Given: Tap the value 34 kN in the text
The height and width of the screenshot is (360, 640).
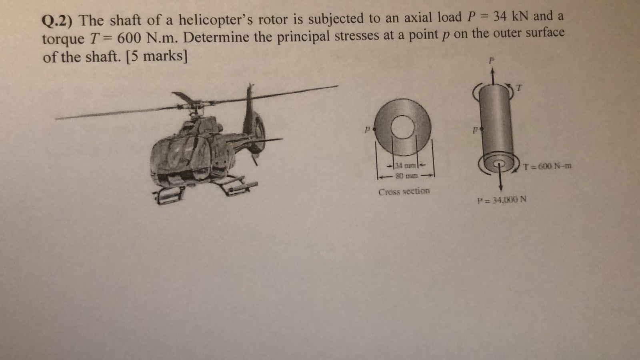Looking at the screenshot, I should [511, 17].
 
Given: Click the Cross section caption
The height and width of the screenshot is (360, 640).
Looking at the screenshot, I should [404, 191].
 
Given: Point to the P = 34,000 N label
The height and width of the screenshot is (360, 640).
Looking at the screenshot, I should [502, 199].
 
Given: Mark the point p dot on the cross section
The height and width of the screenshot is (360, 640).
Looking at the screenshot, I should [373, 129].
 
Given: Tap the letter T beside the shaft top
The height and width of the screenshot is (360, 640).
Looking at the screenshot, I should [519, 87].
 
